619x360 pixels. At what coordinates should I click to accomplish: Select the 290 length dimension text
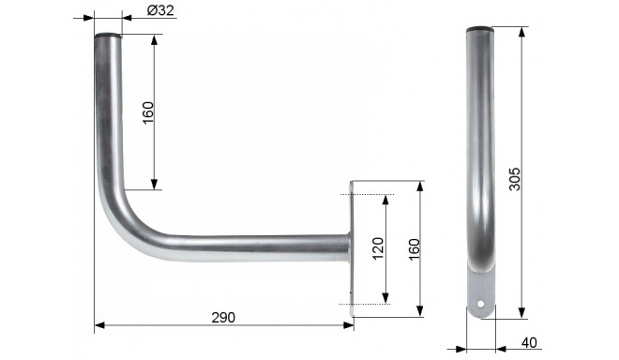click(x=223, y=318)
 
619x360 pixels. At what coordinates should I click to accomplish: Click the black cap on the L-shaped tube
click(x=107, y=35)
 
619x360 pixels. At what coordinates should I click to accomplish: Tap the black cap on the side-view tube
click(x=481, y=29)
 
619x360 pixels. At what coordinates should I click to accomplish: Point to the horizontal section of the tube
click(x=244, y=248)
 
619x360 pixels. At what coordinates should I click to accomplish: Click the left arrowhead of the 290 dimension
click(x=98, y=326)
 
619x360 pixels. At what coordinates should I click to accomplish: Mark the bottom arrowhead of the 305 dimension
click(x=521, y=315)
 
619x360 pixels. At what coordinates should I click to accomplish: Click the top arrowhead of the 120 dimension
click(x=385, y=199)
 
